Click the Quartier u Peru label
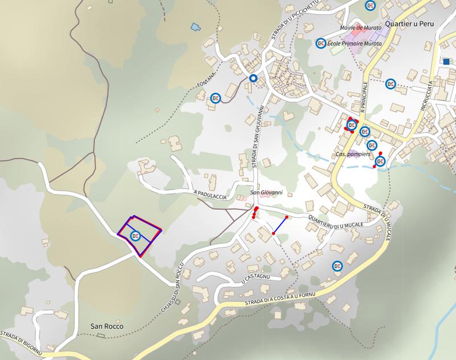coord(410,25)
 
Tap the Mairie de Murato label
coord(360,27)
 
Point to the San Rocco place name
coord(107,327)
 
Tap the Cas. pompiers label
coord(353,155)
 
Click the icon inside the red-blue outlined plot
coord(136,236)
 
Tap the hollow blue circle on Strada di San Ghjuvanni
coord(254,78)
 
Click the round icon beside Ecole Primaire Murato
coord(321,43)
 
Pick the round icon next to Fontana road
coord(215,98)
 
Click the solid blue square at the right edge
coord(446,62)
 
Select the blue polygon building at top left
coord(197,26)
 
